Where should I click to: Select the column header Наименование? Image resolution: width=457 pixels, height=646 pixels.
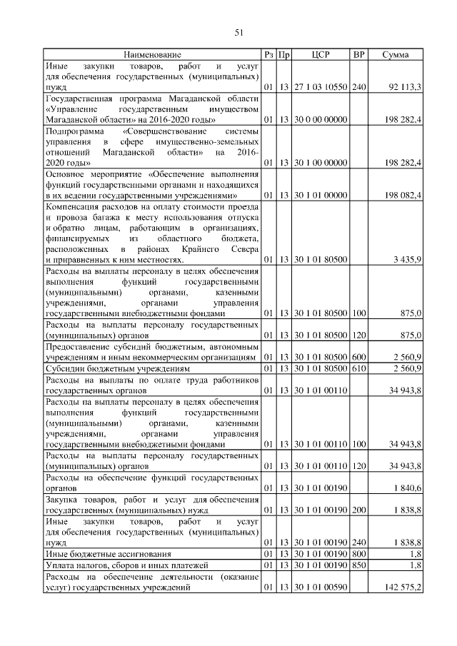(152, 54)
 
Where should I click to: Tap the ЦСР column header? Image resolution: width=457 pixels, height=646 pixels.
(321, 54)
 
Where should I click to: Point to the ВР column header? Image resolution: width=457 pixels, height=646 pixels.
(359, 54)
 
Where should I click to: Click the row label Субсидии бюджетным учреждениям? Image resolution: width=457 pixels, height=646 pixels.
(117, 368)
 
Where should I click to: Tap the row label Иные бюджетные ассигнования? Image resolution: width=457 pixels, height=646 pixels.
(108, 553)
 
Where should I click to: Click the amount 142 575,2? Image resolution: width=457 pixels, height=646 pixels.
(403, 587)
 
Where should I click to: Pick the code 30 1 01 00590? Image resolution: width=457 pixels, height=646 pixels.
(321, 587)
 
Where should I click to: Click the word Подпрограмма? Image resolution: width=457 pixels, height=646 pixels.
(74, 132)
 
